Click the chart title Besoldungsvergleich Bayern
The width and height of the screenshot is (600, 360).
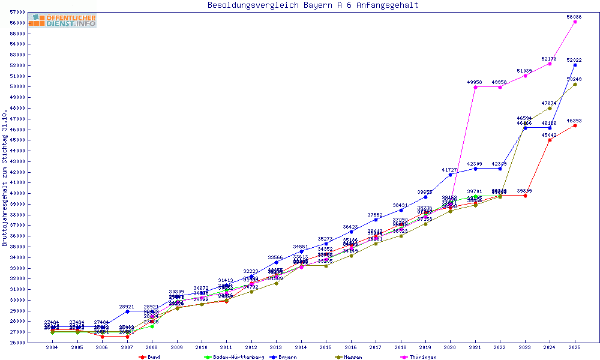313,5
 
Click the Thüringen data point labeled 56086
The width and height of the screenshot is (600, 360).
575,22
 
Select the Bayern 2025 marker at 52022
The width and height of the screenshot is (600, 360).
575,65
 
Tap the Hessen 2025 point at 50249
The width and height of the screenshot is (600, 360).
575,84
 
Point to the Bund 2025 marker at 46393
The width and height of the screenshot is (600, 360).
575,125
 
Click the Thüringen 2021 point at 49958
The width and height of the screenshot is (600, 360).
475,87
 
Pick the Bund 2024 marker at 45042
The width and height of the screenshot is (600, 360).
550,140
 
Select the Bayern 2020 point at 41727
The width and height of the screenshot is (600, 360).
450,175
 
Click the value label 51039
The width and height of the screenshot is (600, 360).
524,71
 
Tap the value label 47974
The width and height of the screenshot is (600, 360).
550,103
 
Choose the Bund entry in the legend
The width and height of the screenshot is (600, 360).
149,357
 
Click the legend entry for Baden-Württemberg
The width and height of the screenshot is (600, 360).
235,357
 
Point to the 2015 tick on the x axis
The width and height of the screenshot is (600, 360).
325,348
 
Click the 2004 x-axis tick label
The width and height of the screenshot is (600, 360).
52,348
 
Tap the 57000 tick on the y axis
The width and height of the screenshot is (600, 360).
17,12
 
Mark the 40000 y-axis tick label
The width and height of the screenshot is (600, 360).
17,194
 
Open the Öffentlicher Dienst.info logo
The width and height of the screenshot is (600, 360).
62,20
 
